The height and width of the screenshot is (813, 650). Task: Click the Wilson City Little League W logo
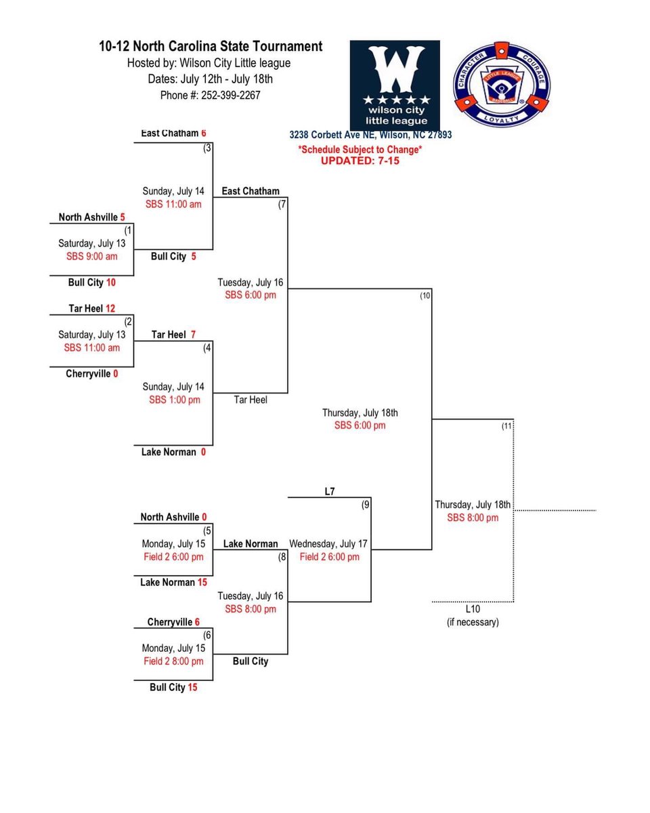coord(395,85)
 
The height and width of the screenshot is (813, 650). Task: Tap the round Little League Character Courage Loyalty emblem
coord(502,84)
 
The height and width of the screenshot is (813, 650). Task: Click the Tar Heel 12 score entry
coord(92,308)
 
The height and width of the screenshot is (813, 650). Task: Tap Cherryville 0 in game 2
coord(92,373)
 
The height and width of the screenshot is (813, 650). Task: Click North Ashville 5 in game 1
coord(92,217)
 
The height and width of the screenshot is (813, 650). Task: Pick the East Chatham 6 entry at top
coord(173,133)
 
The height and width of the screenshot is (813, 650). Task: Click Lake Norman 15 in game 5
coord(173,582)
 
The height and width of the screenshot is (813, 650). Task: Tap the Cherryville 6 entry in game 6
coord(173,622)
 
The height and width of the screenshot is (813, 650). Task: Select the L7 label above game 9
coord(329,492)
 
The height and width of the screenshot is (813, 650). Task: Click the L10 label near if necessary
coord(473,609)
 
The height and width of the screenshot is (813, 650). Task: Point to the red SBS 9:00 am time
coord(91,256)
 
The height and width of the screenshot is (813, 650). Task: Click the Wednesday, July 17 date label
coord(329,543)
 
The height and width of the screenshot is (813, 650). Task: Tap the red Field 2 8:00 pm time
coord(173,661)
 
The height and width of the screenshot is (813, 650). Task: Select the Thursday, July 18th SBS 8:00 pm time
coord(473,518)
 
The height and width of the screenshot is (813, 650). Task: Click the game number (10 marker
coord(425,296)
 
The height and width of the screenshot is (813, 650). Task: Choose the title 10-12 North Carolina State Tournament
coord(211,47)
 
